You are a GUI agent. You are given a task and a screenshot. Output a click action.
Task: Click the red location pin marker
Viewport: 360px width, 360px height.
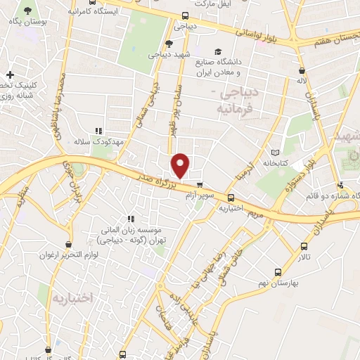[181, 166]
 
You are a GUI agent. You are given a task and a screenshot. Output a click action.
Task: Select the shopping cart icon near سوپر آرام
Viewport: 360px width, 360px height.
[200, 186]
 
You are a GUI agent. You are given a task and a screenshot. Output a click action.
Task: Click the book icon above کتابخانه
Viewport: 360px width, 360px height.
[275, 152]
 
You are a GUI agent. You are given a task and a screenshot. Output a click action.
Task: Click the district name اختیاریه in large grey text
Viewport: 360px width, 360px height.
[72, 298]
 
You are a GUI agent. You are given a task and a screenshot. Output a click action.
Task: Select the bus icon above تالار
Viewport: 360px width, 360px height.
[304, 247]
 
